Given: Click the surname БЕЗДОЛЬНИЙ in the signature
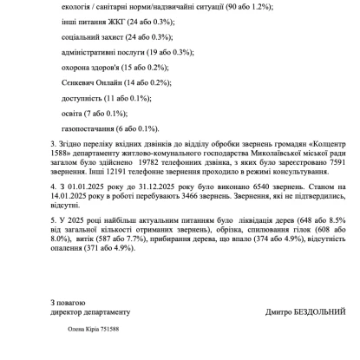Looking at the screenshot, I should pyautogui.click(x=317, y=310).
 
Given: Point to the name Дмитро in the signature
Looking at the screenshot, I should pyautogui.click(x=271, y=310).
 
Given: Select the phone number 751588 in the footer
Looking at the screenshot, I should pyautogui.click(x=108, y=331).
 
